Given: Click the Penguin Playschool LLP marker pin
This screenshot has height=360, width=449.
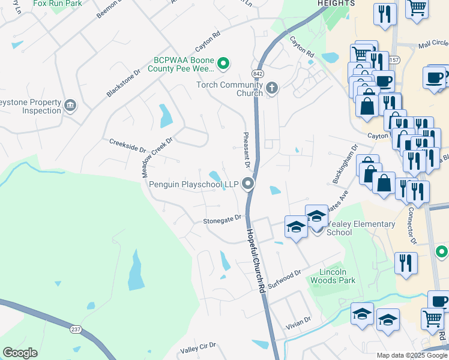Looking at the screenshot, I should (x=247, y=185).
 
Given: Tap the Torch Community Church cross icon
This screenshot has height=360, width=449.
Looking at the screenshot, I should (x=271, y=89).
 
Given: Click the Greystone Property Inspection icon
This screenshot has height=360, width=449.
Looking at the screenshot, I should (x=70, y=106).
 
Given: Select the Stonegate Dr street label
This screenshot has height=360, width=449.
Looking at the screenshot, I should (x=221, y=220).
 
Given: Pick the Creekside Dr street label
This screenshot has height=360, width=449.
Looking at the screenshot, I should (x=127, y=145).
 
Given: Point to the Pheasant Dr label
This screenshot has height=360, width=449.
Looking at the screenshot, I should (x=246, y=149).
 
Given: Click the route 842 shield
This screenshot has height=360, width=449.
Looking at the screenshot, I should (x=258, y=73).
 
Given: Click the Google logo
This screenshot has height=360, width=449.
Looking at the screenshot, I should (x=20, y=353).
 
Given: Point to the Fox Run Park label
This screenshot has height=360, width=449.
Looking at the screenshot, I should (x=57, y=4).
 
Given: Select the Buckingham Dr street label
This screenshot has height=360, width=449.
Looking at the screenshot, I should (x=345, y=164).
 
